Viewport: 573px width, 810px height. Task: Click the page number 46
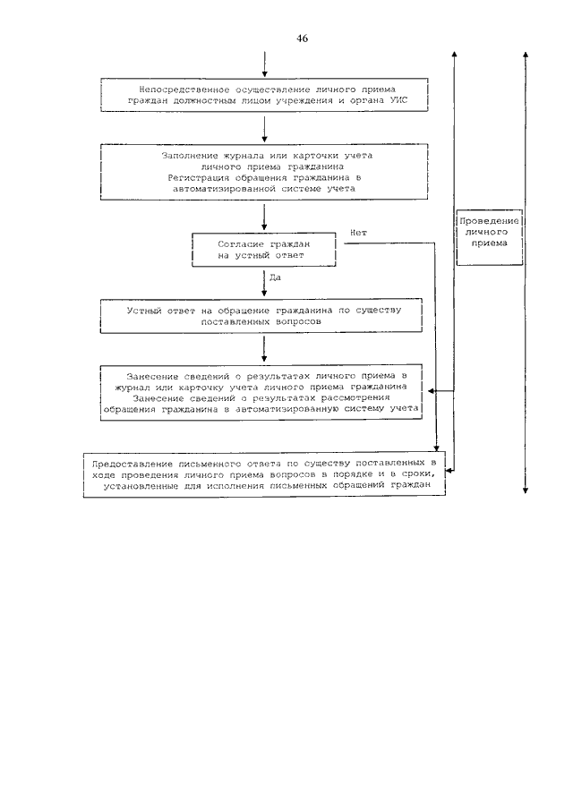click(302, 38)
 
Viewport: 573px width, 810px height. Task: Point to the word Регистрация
click(197, 178)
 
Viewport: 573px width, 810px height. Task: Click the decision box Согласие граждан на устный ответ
click(264, 249)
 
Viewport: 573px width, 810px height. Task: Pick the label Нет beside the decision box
click(358, 233)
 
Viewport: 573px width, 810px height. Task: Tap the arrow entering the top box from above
click(264, 64)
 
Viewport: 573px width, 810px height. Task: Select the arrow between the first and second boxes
click(264, 130)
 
